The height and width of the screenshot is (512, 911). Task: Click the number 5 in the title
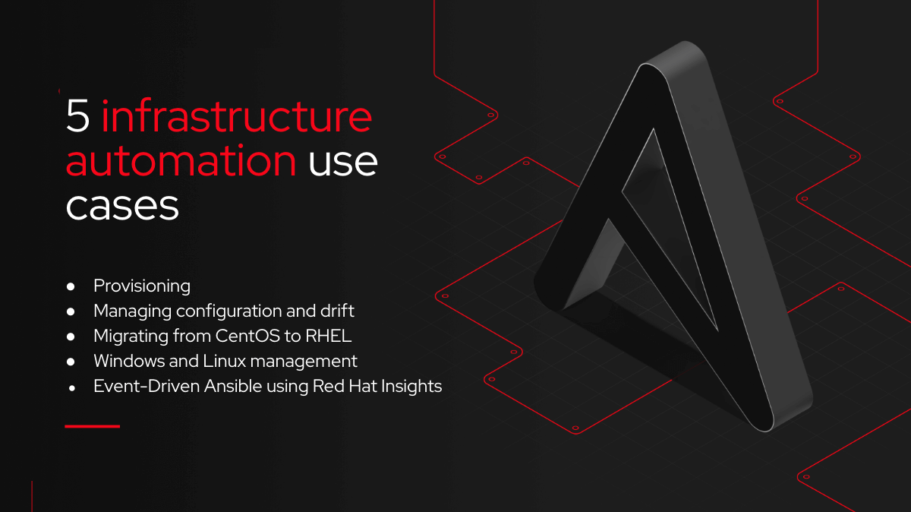[77, 116]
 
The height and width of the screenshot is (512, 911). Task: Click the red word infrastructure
[237, 115]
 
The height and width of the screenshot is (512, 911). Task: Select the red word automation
[181, 161]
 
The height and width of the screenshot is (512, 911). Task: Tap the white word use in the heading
[343, 163]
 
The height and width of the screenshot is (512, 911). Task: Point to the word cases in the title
[122, 207]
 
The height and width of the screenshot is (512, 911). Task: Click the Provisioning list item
[142, 286]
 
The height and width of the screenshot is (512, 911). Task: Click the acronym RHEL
[328, 336]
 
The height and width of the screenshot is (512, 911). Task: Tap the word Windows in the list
[129, 361]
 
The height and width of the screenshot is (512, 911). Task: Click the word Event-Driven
[147, 386]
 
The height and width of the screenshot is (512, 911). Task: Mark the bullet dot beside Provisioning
[71, 286]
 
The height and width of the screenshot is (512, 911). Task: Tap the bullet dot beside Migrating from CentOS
[71, 337]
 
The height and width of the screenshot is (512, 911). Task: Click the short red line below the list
[93, 426]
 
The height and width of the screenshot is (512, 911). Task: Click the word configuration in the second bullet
[229, 311]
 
